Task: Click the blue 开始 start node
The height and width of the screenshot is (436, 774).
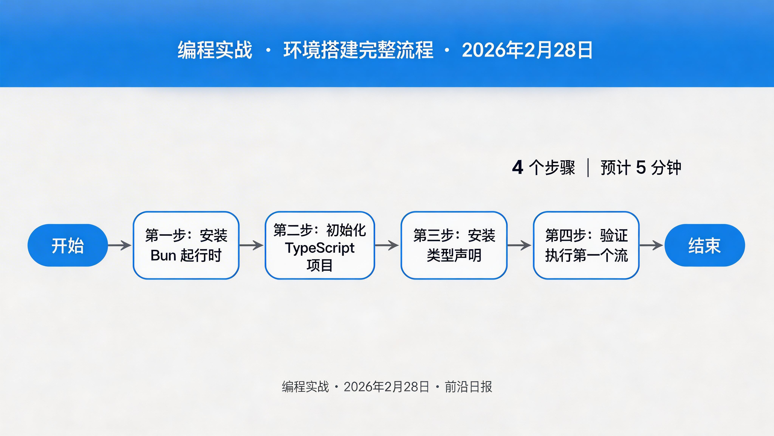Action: coord(68,245)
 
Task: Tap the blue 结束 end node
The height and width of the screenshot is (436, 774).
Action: coord(705,245)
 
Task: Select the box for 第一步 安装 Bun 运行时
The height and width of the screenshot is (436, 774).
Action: coord(186,245)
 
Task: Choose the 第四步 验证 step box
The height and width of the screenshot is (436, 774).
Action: coord(586,245)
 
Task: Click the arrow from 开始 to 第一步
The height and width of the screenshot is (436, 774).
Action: coord(120,245)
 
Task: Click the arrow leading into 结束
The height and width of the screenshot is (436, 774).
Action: coord(651,245)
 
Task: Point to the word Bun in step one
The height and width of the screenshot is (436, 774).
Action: coord(163,255)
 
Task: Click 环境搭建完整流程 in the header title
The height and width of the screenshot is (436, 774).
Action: coord(358,50)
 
